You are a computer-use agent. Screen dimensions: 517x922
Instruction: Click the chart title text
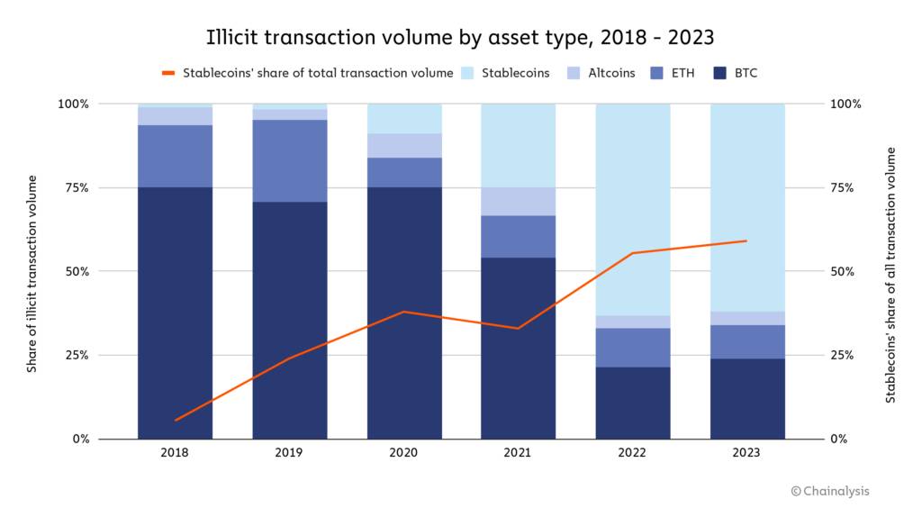pyautogui.click(x=461, y=37)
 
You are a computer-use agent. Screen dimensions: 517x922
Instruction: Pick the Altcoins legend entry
pyautogui.click(x=603, y=73)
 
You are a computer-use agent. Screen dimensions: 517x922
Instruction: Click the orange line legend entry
pyautogui.click(x=307, y=73)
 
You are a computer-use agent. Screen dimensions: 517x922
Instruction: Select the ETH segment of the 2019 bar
pyautogui.click(x=290, y=160)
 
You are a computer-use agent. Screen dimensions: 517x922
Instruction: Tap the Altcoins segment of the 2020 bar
pyautogui.click(x=404, y=145)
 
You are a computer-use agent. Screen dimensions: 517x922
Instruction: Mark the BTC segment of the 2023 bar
pyautogui.click(x=747, y=398)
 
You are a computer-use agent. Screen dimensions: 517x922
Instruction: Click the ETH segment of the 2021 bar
pyautogui.click(x=519, y=236)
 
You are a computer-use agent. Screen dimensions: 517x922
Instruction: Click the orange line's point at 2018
pyautogui.click(x=175, y=421)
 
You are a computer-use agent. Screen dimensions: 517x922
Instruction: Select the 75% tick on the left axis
pyautogui.click(x=74, y=187)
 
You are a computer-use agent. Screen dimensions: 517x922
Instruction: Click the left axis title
pyautogui.click(x=32, y=271)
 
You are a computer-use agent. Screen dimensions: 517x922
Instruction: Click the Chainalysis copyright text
pyautogui.click(x=829, y=491)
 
